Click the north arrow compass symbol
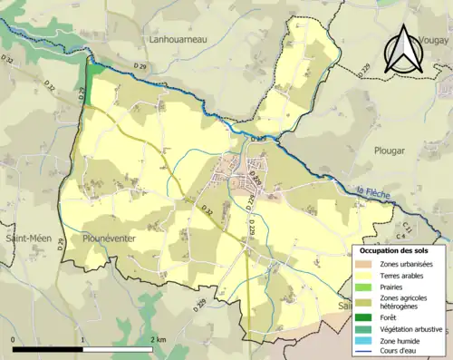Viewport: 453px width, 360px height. (x=404, y=50)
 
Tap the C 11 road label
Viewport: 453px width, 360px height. (x=410, y=225)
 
